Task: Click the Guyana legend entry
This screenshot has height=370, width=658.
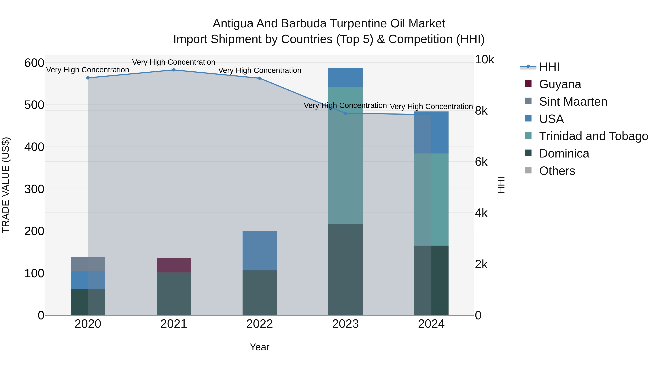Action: pyautogui.click(x=560, y=84)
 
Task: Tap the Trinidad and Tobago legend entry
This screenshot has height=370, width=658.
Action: pyautogui.click(x=593, y=136)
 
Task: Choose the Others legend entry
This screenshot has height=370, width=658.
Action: pyautogui.click(x=557, y=171)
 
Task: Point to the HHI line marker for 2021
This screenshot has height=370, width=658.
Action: pyautogui.click(x=174, y=70)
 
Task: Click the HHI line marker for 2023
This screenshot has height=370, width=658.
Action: pyautogui.click(x=345, y=113)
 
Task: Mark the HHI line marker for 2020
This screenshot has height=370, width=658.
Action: pyautogui.click(x=88, y=78)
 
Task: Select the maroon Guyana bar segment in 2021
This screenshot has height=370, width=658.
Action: pyautogui.click(x=174, y=265)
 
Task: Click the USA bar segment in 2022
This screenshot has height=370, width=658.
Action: pyautogui.click(x=260, y=251)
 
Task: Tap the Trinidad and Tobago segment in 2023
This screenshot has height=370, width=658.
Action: pyautogui.click(x=345, y=155)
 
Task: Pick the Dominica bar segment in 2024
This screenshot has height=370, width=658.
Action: pyautogui.click(x=431, y=280)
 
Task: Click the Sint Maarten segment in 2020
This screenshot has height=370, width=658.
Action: pyautogui.click(x=88, y=264)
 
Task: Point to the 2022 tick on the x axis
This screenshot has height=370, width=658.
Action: pyautogui.click(x=260, y=324)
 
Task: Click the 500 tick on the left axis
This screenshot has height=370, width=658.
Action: pyautogui.click(x=34, y=105)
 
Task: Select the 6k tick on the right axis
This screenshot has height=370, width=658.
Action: pyautogui.click(x=481, y=162)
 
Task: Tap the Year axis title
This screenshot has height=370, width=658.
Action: pyautogui.click(x=260, y=347)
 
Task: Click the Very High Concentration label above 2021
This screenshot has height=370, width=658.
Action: pyautogui.click(x=174, y=62)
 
